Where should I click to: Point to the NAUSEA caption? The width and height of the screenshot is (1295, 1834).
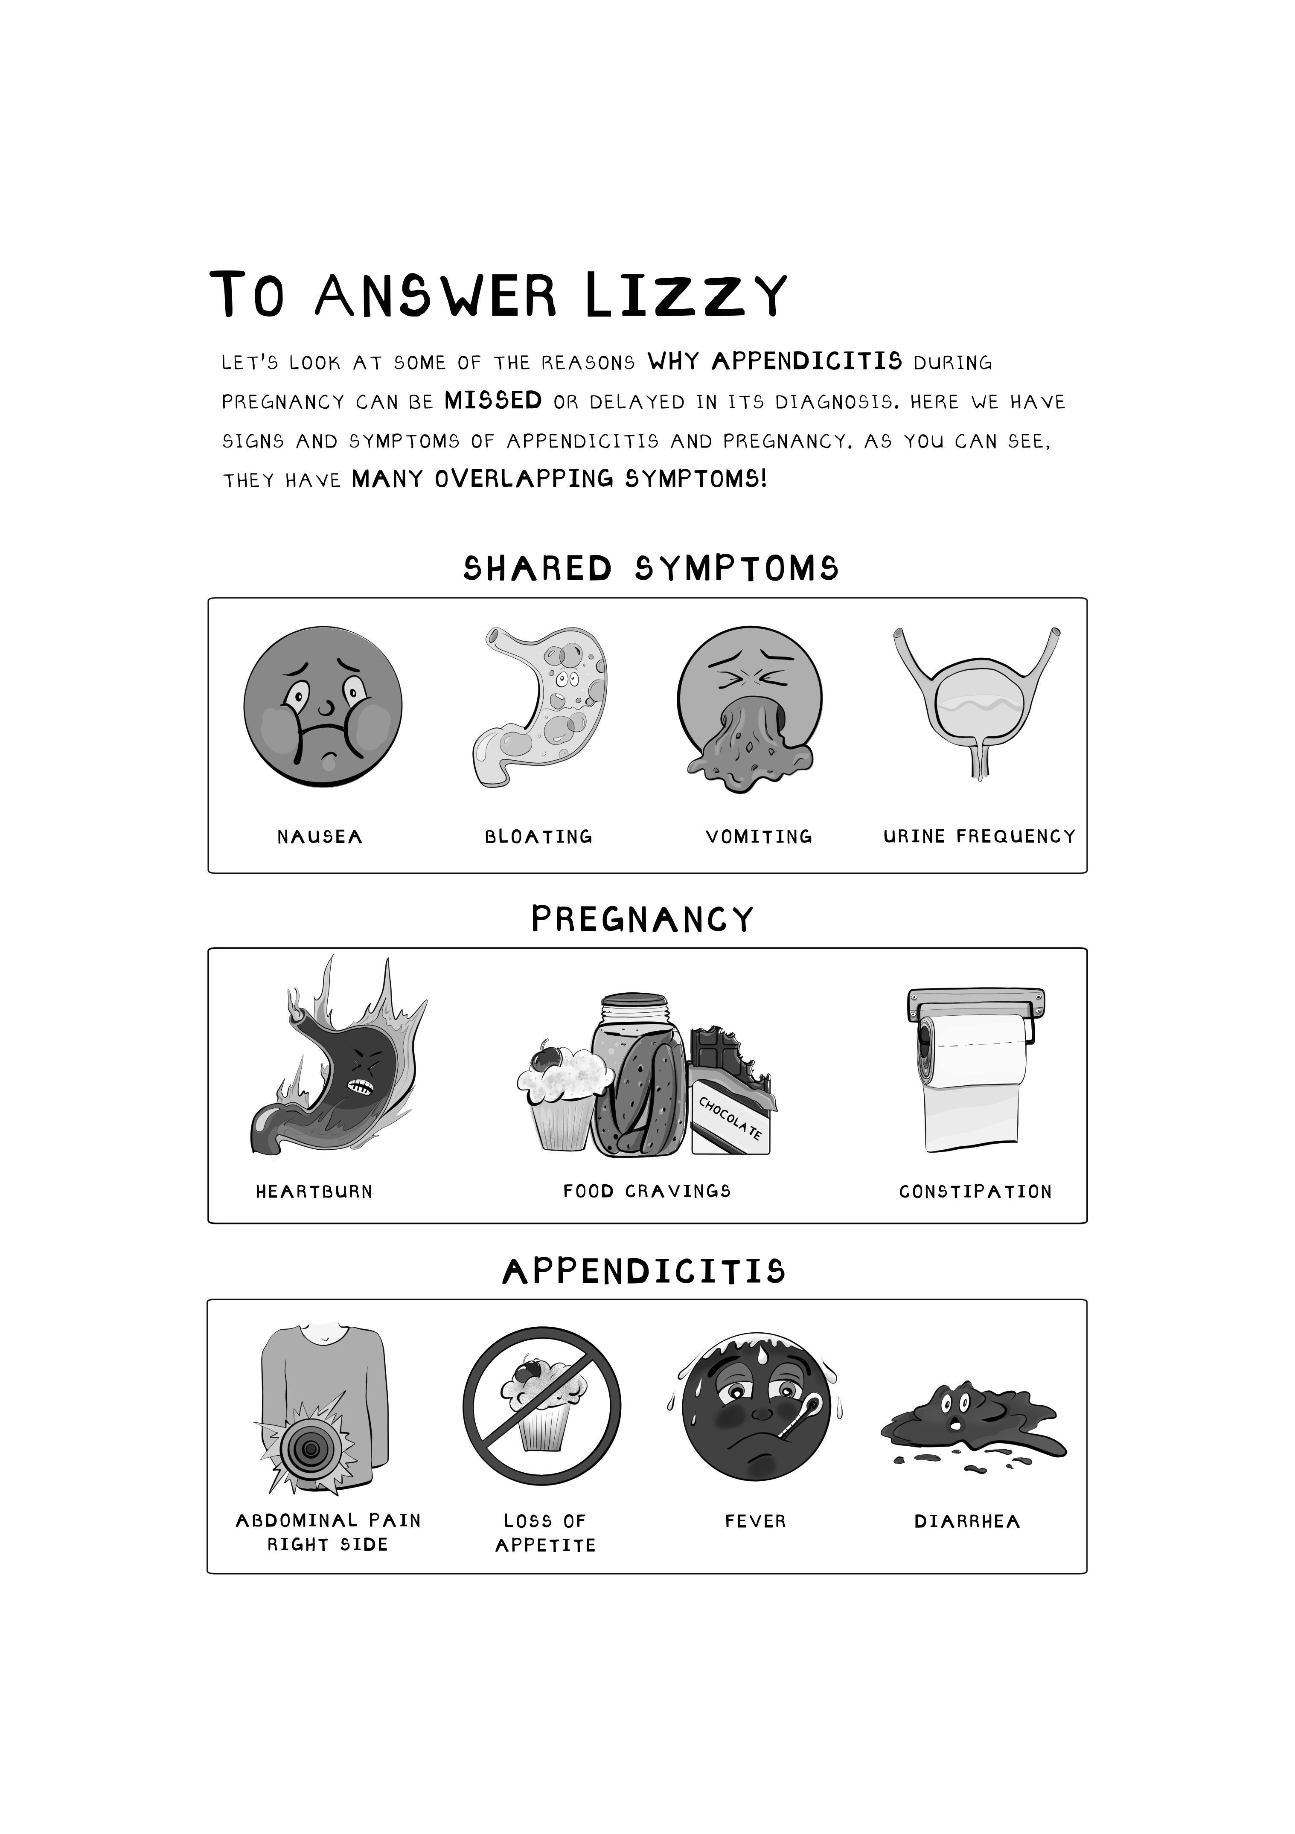320,837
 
